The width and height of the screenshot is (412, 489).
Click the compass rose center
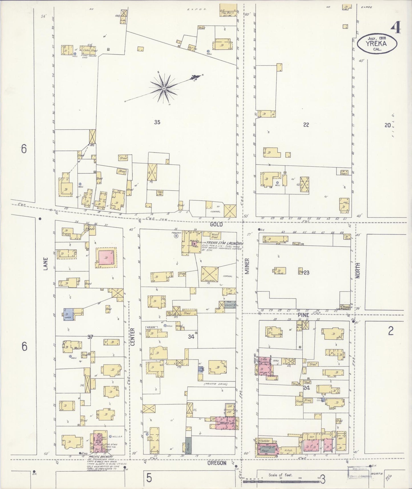(164, 89)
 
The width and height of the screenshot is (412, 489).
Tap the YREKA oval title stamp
(377, 44)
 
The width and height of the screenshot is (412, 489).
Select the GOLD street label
(216, 225)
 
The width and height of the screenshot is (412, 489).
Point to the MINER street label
(247, 266)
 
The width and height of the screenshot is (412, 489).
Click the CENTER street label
(133, 337)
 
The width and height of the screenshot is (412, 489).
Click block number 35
(157, 122)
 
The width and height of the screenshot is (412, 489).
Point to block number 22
(306, 124)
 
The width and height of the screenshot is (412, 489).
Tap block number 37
(90, 337)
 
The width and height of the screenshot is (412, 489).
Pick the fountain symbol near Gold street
(176, 236)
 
